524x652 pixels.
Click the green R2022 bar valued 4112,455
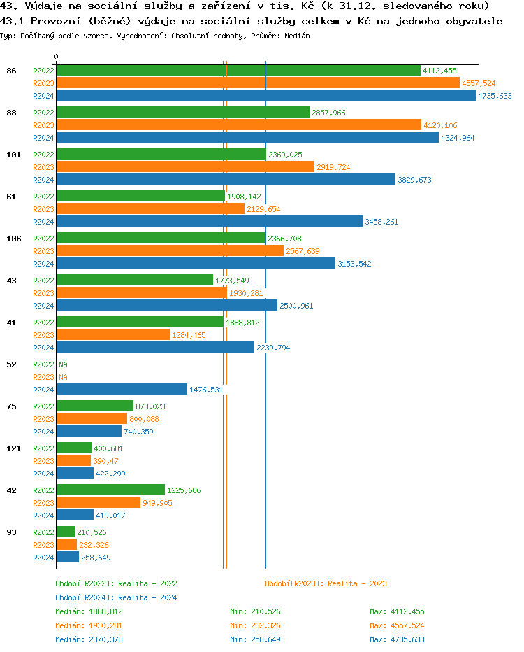click(x=238, y=71)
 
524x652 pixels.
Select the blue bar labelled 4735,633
click(x=265, y=96)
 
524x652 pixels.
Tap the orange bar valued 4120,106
click(x=238, y=125)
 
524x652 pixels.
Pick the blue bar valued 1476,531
click(x=122, y=390)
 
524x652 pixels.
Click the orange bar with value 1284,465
click(x=112, y=335)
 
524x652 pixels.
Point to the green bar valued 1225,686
click(x=110, y=490)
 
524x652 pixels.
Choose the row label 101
click(x=13, y=155)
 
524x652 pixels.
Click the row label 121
click(x=13, y=448)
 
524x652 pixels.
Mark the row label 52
click(x=11, y=364)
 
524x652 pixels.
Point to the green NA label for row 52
click(x=63, y=364)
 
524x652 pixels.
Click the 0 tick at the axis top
click(x=57, y=57)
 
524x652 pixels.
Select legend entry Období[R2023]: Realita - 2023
click(x=326, y=583)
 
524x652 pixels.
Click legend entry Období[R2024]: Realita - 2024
click(x=116, y=597)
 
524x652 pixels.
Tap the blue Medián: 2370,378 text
click(x=89, y=639)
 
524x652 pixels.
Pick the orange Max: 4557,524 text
click(x=397, y=625)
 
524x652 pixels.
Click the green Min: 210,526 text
click(x=255, y=611)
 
